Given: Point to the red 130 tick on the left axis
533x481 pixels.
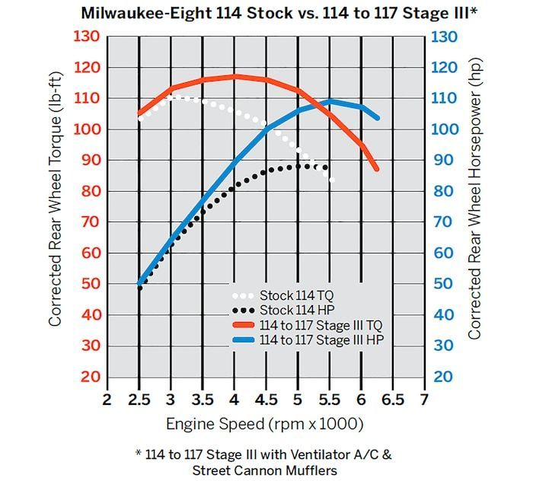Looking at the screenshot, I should (90, 37).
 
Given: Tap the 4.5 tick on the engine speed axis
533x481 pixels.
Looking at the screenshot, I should (266, 400).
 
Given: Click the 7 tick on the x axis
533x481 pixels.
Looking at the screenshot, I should (424, 400).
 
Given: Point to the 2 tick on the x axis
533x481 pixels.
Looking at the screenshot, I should (107, 400).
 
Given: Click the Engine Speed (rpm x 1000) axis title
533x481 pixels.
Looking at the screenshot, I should (266, 423).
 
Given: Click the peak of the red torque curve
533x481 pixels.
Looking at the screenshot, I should (235, 76).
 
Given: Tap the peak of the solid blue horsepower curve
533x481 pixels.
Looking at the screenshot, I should (330, 100).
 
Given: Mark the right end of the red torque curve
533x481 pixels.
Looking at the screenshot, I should (376, 169).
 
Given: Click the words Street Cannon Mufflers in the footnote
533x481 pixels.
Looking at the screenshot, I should (265, 470).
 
